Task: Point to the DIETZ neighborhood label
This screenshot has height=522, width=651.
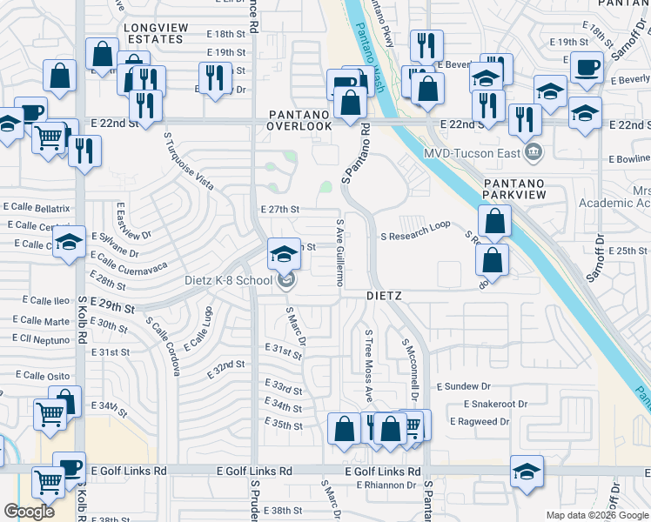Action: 383,296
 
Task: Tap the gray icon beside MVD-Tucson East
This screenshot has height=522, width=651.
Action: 534,154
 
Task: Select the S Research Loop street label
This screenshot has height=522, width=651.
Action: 415,236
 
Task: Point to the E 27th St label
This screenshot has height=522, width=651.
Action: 280,210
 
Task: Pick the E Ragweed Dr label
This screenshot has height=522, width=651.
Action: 480,421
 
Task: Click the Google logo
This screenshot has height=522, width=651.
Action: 29,512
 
